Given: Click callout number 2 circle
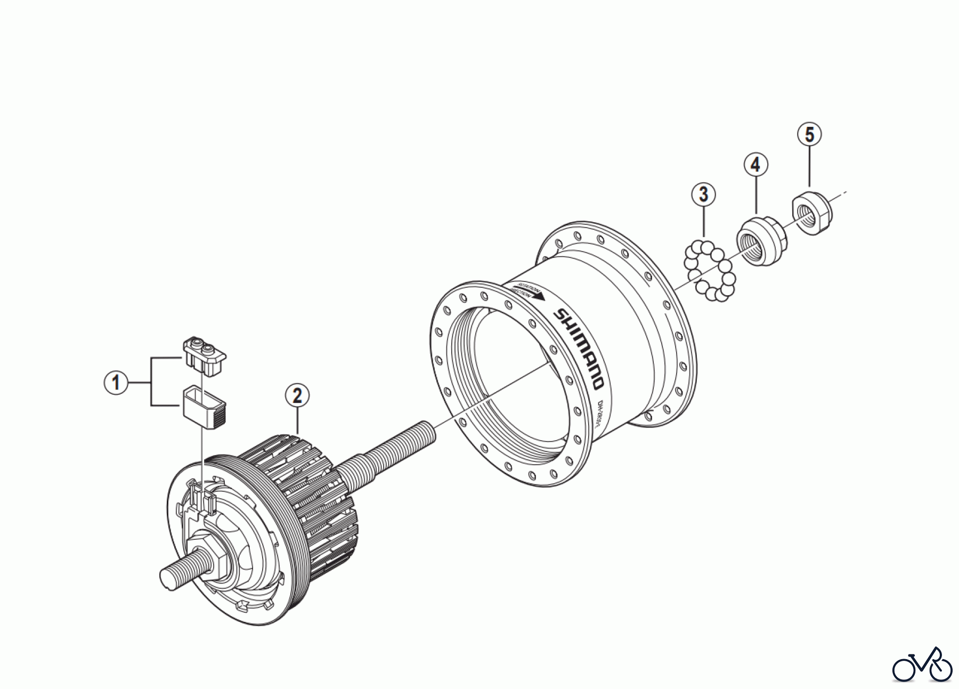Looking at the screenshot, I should (x=297, y=395).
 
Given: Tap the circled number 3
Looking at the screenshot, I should (x=703, y=194).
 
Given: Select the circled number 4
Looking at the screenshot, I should (x=755, y=165).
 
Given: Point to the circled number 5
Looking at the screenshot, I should (x=809, y=135).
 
